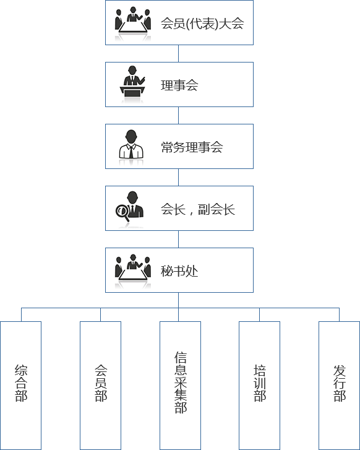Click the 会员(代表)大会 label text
202,24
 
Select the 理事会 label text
179,85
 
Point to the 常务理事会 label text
192,147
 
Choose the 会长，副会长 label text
198,209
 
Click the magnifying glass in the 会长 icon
122,212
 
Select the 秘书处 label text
179,271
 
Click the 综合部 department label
21,383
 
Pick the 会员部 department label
101,383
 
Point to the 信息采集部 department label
181,383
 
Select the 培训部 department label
260,383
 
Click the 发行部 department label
340,383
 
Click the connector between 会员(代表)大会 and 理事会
178,53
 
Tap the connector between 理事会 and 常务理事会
178,115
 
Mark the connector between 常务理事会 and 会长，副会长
178,178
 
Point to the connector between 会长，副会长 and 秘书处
178,240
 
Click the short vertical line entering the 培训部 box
260,315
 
